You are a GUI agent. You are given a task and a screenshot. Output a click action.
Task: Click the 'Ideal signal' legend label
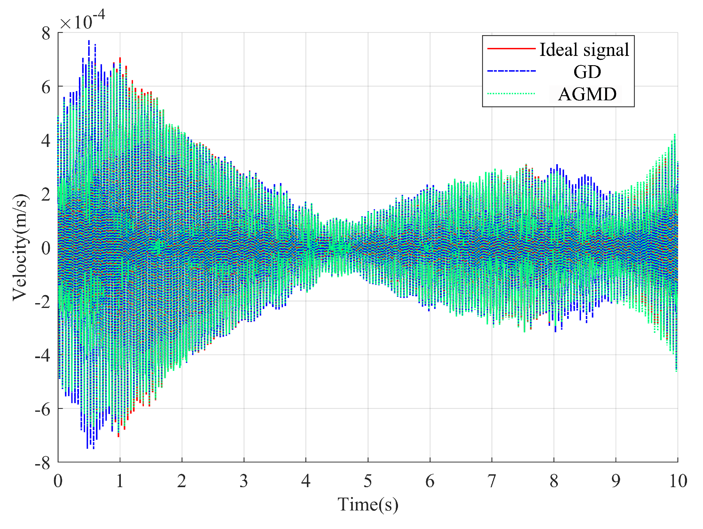[584, 50]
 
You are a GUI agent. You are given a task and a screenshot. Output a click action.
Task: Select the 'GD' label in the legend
[587, 72]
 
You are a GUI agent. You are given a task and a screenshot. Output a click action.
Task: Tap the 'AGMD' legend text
[587, 94]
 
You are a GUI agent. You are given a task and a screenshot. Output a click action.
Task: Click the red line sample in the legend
[511, 49]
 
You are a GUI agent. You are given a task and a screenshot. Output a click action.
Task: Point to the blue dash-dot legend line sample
[511, 71]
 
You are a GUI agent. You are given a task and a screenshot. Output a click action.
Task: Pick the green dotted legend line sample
[511, 94]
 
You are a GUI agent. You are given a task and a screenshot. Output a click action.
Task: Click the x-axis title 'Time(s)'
[368, 505]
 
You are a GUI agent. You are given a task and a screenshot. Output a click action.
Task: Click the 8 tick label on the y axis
[46, 33]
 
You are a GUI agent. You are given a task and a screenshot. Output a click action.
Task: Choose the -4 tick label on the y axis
[43, 355]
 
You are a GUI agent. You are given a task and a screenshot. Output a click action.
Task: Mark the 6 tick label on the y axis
[46, 87]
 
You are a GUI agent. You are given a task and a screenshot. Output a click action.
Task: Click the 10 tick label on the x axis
[678, 481]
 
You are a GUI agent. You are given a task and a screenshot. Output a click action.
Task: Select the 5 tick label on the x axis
[368, 481]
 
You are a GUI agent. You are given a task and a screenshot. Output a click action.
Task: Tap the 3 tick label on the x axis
[244, 481]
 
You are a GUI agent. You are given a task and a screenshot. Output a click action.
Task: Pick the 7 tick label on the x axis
[492, 481]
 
